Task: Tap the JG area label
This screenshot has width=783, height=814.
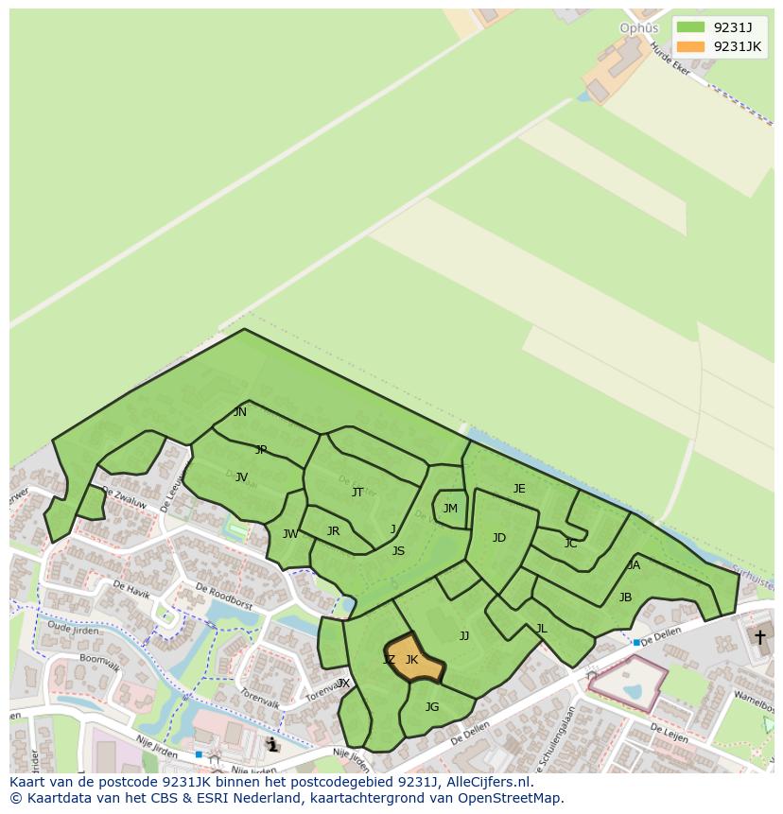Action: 432,706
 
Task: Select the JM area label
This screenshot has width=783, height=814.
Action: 450,509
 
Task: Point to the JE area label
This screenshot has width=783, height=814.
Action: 519,489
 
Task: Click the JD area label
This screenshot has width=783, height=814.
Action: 499,538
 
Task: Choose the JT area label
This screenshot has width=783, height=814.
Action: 357,492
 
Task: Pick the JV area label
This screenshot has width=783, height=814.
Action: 241,477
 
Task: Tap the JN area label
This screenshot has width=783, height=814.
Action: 240,412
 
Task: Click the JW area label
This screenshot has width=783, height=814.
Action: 290,534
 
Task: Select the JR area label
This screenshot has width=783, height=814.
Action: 333,531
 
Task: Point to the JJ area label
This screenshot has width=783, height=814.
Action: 464,636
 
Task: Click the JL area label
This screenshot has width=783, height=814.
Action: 541,629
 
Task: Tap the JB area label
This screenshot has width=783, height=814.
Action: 625,598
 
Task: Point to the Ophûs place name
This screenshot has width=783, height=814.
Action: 638,28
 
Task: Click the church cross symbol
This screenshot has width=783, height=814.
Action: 759,637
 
